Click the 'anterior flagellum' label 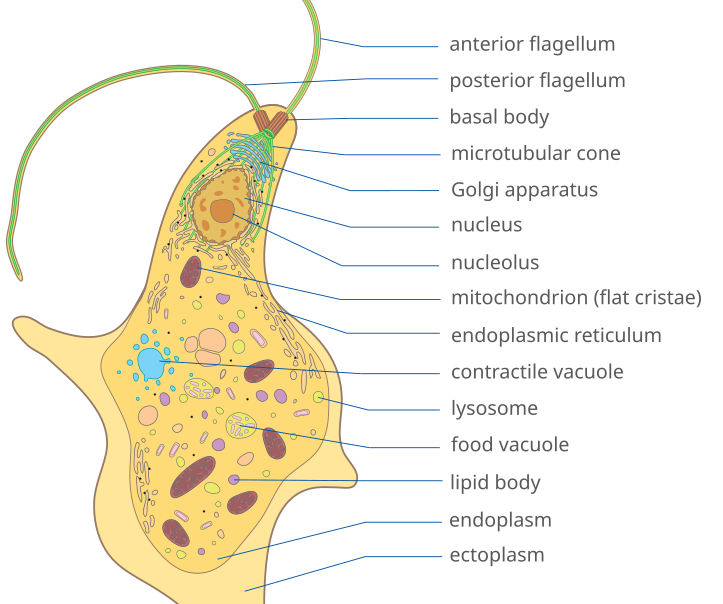pyautogui.click(x=532, y=44)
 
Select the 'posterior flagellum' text pyautogui.click(x=537, y=81)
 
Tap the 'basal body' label pyautogui.click(x=499, y=117)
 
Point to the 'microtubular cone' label pyautogui.click(x=535, y=154)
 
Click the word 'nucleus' pyautogui.click(x=486, y=225)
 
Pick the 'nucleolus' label pyautogui.click(x=495, y=263)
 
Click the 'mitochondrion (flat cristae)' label pyautogui.click(x=576, y=298)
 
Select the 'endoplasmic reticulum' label pyautogui.click(x=556, y=335)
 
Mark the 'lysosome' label pyautogui.click(x=494, y=408)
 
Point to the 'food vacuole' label pyautogui.click(x=510, y=445)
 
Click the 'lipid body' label pyautogui.click(x=495, y=483)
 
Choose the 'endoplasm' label pyautogui.click(x=500, y=520)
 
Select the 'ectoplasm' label pyautogui.click(x=497, y=555)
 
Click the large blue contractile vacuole pyautogui.click(x=151, y=363)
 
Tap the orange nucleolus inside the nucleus pyautogui.click(x=222, y=210)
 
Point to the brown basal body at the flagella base pyautogui.click(x=271, y=123)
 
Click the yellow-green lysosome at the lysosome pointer pyautogui.click(x=319, y=398)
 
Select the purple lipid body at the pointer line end pyautogui.click(x=234, y=479)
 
